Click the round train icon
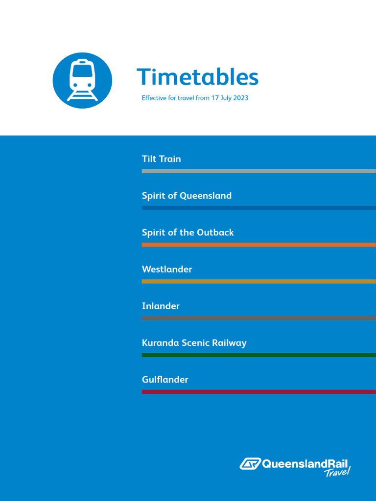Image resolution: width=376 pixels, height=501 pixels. tap(82, 81)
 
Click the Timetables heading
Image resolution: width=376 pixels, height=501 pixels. tap(197, 77)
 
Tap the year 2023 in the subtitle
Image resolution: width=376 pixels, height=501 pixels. tap(240, 98)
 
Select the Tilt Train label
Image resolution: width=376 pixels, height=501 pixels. tap(161, 159)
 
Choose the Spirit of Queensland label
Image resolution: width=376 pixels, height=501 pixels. tap(187, 196)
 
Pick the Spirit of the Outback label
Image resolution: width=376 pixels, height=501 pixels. tap(188, 232)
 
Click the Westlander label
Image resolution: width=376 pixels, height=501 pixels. tap(167, 269)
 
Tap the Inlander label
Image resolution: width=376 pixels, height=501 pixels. tap(161, 306)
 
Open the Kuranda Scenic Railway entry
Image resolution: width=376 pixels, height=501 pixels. tap(194, 342)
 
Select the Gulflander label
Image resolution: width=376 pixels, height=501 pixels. tap(165, 379)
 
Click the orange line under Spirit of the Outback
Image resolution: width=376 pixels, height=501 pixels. tap(258, 244)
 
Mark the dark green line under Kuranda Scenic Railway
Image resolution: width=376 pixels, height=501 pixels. tap(258, 355)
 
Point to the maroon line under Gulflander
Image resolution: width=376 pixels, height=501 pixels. tap(258, 391)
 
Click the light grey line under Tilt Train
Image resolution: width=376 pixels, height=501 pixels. tap(258, 171)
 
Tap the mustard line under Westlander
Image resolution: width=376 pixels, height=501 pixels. tap(258, 281)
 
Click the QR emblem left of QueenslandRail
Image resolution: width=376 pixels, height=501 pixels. tap(250, 463)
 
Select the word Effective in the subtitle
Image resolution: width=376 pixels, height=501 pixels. tap(154, 98)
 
